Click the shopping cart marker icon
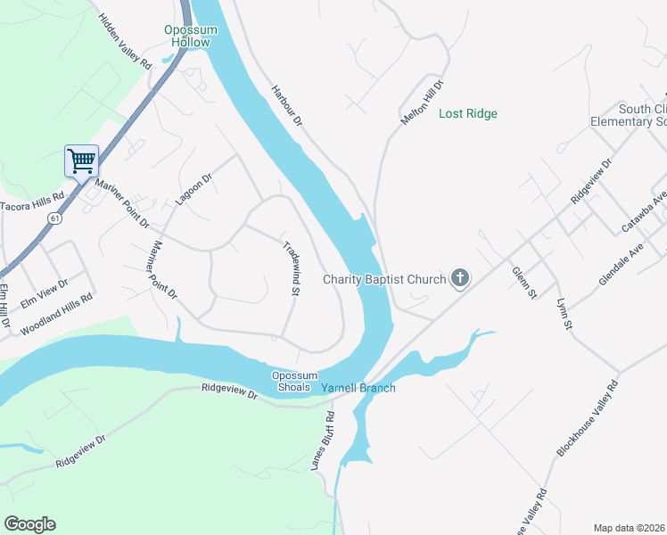tap(81, 161)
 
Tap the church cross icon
tap(460, 279)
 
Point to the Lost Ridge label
tap(468, 113)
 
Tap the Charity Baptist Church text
tap(383, 280)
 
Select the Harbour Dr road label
tap(287, 110)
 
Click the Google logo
tap(29, 524)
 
